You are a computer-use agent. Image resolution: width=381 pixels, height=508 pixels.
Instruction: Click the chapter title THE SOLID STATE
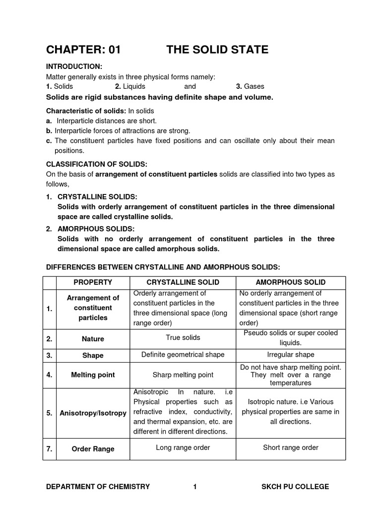coord(217,50)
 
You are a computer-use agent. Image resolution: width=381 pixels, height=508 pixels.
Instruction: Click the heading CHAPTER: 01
coord(83,50)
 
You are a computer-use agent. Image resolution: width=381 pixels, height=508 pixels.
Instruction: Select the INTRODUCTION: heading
coord(74,66)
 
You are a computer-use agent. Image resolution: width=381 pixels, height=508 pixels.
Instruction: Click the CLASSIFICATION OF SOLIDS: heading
coord(97,164)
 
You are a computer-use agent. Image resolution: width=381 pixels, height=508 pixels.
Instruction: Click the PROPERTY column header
coord(93,282)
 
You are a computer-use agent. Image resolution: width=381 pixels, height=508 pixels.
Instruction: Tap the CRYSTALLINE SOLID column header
coord(183,282)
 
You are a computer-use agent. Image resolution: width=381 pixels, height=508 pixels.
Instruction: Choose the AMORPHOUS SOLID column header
coord(290,282)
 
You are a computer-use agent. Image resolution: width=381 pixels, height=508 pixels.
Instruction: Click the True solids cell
coord(183,338)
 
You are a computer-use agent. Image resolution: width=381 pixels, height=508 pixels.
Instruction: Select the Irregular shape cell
coord(290,355)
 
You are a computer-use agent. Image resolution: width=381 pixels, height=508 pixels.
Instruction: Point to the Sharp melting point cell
coord(183,375)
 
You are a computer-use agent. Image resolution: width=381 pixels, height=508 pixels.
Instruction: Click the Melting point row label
coord(93,375)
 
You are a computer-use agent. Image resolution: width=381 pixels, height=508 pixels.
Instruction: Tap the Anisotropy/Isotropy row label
coord(93,413)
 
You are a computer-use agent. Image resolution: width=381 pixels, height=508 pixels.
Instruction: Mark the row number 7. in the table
coord(50,449)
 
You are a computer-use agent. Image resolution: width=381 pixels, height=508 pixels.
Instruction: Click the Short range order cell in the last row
coord(290,447)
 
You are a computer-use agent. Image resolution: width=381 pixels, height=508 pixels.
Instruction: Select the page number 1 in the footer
coord(195,487)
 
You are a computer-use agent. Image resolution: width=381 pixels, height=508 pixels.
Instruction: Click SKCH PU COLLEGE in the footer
coord(295,487)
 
